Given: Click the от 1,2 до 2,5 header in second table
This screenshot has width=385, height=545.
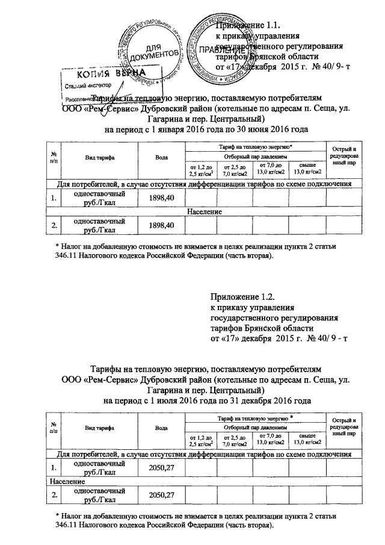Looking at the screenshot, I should click(x=202, y=439).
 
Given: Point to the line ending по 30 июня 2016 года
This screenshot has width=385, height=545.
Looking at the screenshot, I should click(x=206, y=129).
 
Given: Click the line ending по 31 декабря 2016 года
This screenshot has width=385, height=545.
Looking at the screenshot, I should click(x=208, y=400).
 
